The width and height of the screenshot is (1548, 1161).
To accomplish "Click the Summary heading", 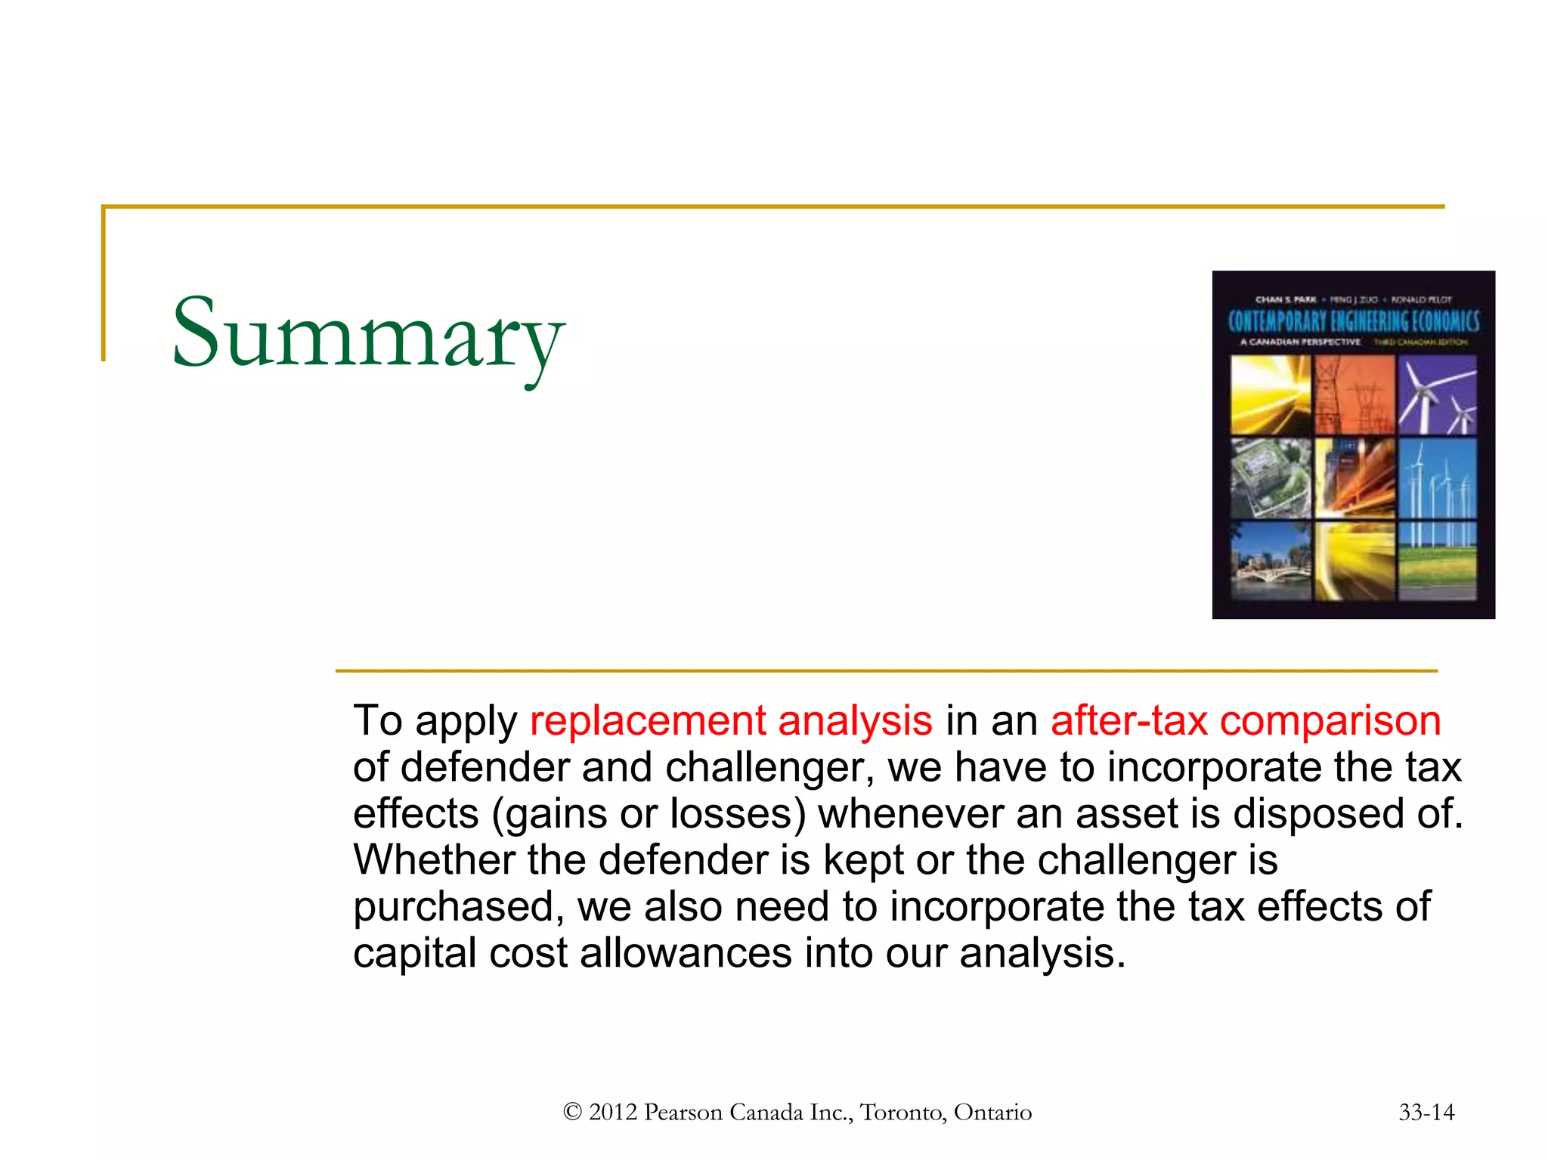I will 368,334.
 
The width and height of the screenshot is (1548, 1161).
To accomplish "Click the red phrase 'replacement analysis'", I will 731,720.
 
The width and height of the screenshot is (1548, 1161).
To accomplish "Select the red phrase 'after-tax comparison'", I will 1245,720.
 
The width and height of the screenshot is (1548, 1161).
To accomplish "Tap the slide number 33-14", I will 1426,1112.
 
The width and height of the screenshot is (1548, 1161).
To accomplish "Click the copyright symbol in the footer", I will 572,1112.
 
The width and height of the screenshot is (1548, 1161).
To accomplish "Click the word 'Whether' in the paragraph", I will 433,860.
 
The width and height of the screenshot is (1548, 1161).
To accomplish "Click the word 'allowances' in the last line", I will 686,953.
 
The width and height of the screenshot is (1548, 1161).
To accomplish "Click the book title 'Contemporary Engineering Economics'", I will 1353,321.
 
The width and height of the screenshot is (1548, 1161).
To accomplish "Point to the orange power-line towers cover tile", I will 1354,395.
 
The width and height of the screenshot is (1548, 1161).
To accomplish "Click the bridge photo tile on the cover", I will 1271,562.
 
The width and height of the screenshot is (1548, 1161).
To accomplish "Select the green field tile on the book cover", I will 1437,562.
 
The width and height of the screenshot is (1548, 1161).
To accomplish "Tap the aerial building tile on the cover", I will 1271,478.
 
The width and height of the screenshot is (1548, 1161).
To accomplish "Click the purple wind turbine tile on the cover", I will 1437,395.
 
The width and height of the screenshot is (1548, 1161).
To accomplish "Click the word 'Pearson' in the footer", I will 683,1112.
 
